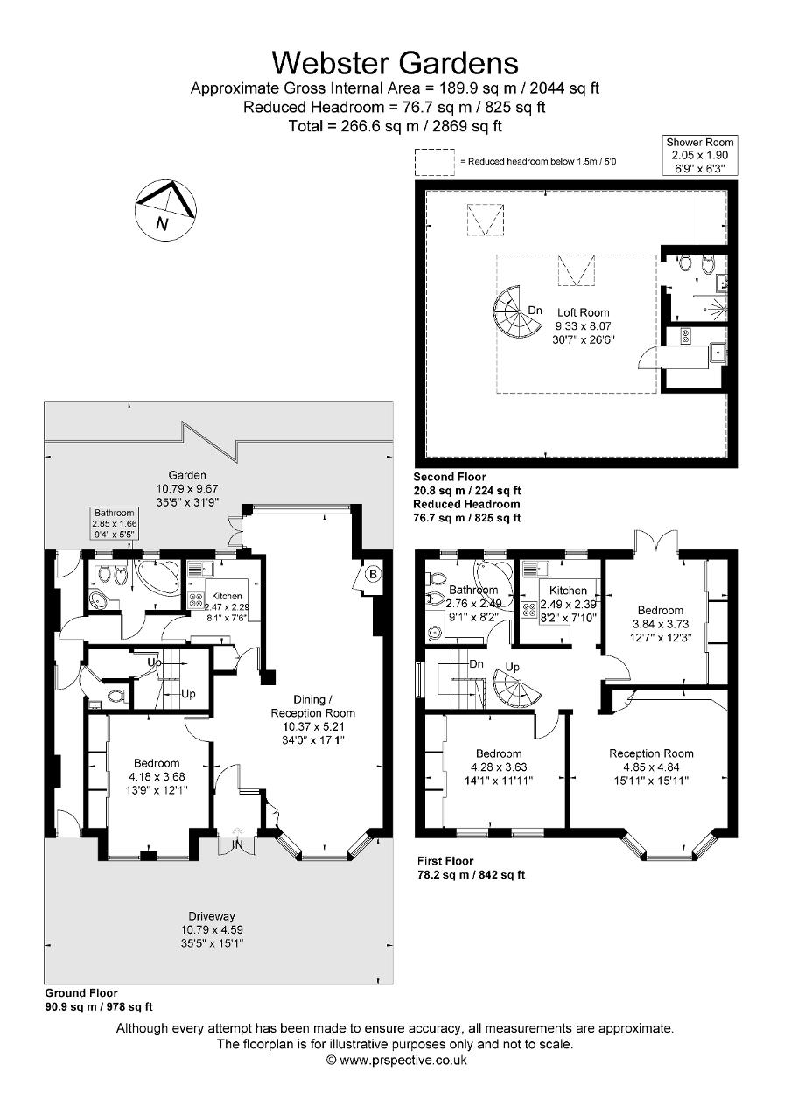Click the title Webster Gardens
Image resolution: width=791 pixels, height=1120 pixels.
click(x=395, y=63)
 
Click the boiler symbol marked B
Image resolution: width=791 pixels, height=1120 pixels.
click(x=373, y=575)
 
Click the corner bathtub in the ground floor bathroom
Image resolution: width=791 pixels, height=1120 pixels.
click(x=157, y=578)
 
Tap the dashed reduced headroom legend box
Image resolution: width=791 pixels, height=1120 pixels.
click(x=433, y=161)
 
